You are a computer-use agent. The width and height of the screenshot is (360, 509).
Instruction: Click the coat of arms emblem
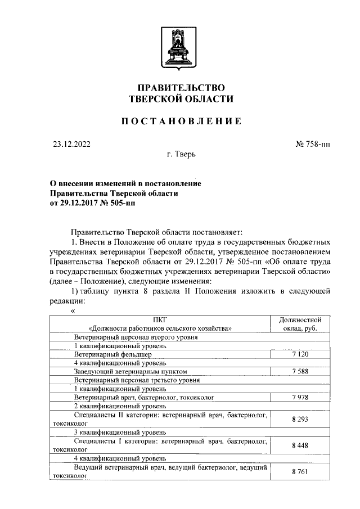pyautogui.click(x=181, y=50)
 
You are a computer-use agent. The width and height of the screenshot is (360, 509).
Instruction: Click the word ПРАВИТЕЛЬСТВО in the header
pyautogui.click(x=181, y=88)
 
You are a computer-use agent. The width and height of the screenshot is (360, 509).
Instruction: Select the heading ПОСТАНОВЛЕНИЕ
pyautogui.click(x=181, y=121)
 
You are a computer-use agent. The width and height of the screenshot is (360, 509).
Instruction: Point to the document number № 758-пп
pyautogui.click(x=313, y=144)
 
